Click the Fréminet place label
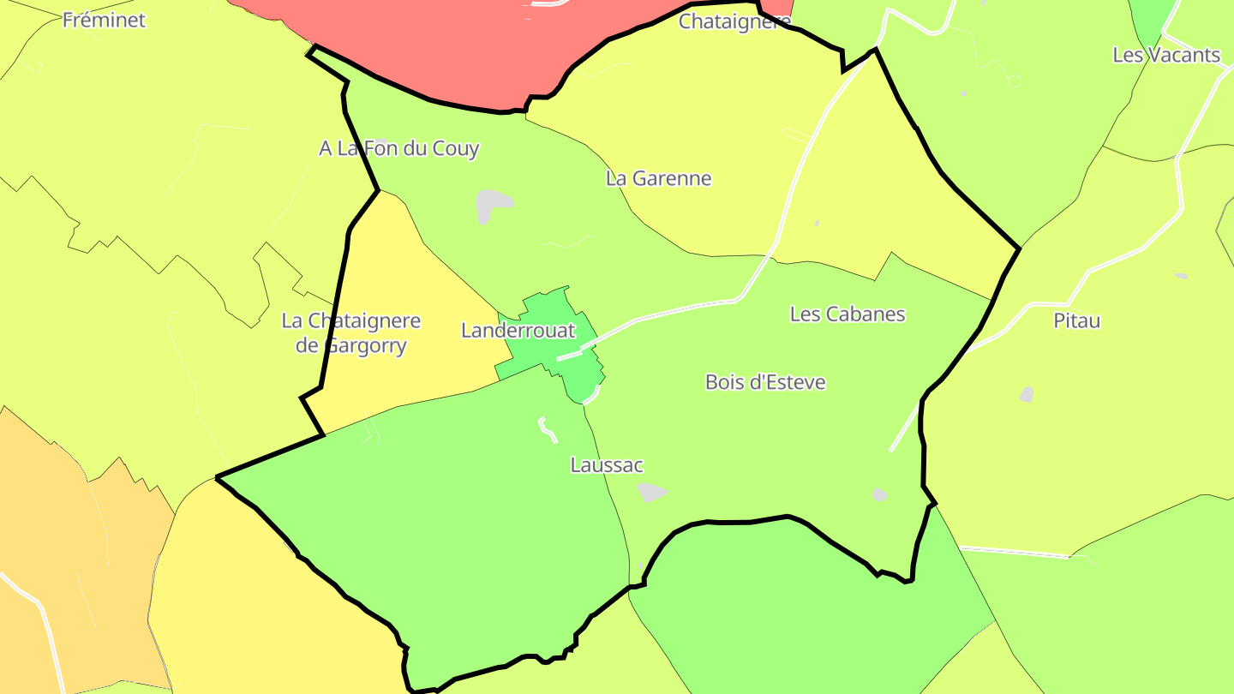click(105, 20)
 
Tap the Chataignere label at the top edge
click(734, 21)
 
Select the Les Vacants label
click(1165, 55)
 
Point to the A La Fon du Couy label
click(398, 148)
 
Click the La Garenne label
click(658, 178)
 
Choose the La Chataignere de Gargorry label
click(351, 333)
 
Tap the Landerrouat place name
click(518, 330)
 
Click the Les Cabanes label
click(847, 314)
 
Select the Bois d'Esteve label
click(765, 382)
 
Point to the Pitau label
click(1076, 320)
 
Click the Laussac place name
click(606, 465)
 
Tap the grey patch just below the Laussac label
click(651, 492)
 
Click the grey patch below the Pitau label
click(1026, 394)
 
